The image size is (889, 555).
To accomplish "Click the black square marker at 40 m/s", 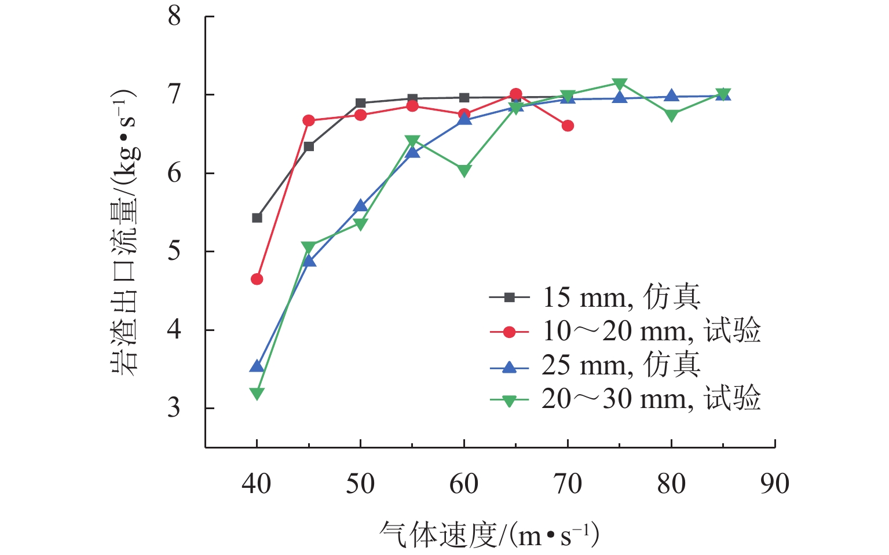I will point(257,218).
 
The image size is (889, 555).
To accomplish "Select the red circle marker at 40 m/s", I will point(257,279).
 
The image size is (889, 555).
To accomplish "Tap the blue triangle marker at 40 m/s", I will point(257,366).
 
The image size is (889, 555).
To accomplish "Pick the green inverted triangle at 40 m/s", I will point(257,394).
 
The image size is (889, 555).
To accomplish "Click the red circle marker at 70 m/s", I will point(568,126).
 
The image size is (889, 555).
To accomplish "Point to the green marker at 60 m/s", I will point(464,171).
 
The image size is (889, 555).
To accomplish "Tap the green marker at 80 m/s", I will point(671,115).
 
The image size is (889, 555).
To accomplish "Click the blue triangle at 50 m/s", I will point(360,206).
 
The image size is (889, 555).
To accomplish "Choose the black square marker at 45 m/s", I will point(309,146).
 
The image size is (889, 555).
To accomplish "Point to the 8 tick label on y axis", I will point(174,16).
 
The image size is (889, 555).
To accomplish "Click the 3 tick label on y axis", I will point(174,408).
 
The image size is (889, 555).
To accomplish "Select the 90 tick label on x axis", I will point(774,484).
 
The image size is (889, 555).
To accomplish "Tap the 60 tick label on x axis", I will point(464,484).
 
